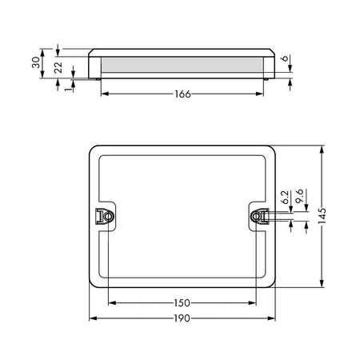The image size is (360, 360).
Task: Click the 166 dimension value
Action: (182, 94)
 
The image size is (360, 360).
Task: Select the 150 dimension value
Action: (182, 303)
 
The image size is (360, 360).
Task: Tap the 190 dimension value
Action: (182, 318)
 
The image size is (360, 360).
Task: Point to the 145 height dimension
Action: (322, 216)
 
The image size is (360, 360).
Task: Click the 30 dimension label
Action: (36, 62)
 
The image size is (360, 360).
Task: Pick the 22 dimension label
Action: (58, 68)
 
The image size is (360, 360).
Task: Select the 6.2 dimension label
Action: (285, 197)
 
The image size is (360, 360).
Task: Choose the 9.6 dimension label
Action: (300, 196)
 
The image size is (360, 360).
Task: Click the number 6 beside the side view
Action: (285, 58)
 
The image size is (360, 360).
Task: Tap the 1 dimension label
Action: (69, 88)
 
